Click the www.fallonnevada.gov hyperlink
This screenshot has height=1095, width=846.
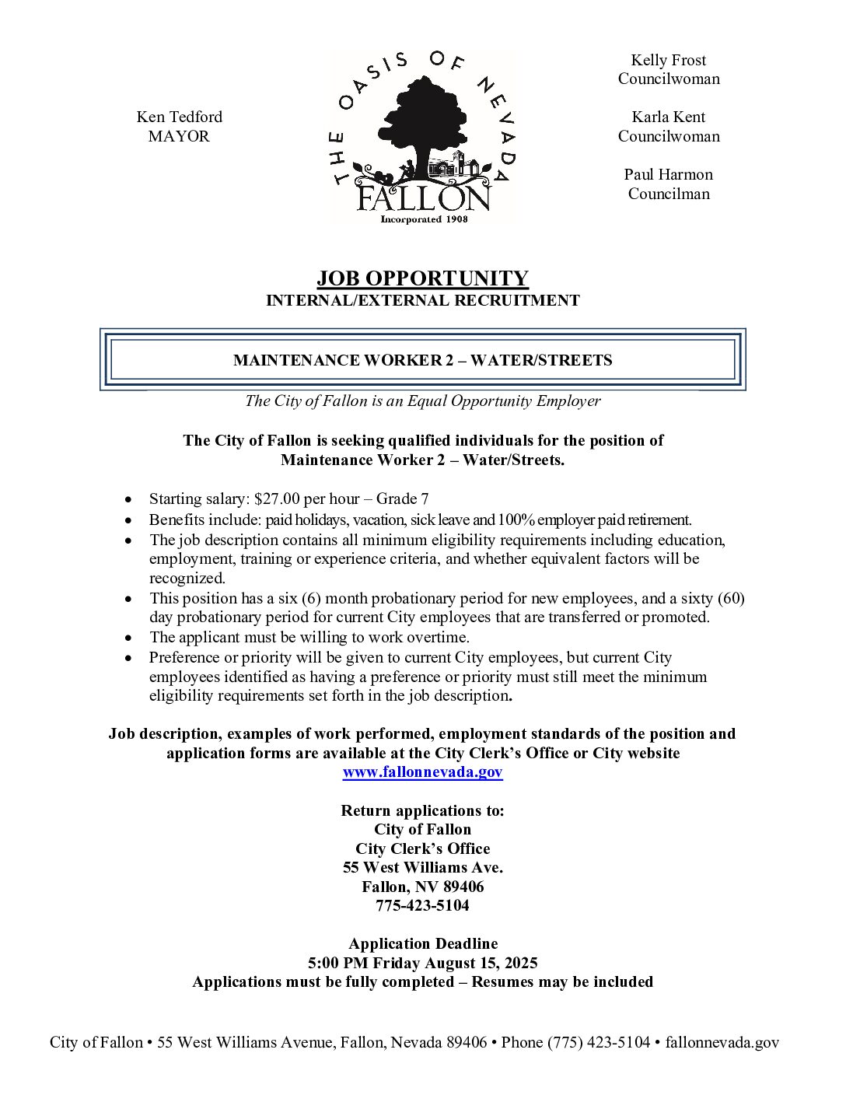422,772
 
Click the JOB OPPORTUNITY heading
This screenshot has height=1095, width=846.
422,278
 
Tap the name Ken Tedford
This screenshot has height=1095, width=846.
179,117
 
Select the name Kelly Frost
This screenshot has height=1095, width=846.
668,60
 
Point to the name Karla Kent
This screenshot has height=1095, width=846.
668,117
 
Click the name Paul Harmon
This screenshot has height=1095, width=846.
668,174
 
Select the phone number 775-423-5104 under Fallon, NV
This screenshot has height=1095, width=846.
422,906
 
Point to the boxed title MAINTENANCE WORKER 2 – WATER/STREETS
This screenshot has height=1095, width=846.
422,360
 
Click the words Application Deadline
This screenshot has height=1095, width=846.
422,944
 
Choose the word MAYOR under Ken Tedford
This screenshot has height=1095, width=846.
179,136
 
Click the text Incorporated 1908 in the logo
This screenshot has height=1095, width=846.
424,219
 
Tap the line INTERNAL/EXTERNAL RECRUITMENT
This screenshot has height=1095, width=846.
422,300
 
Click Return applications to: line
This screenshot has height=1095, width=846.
422,810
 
